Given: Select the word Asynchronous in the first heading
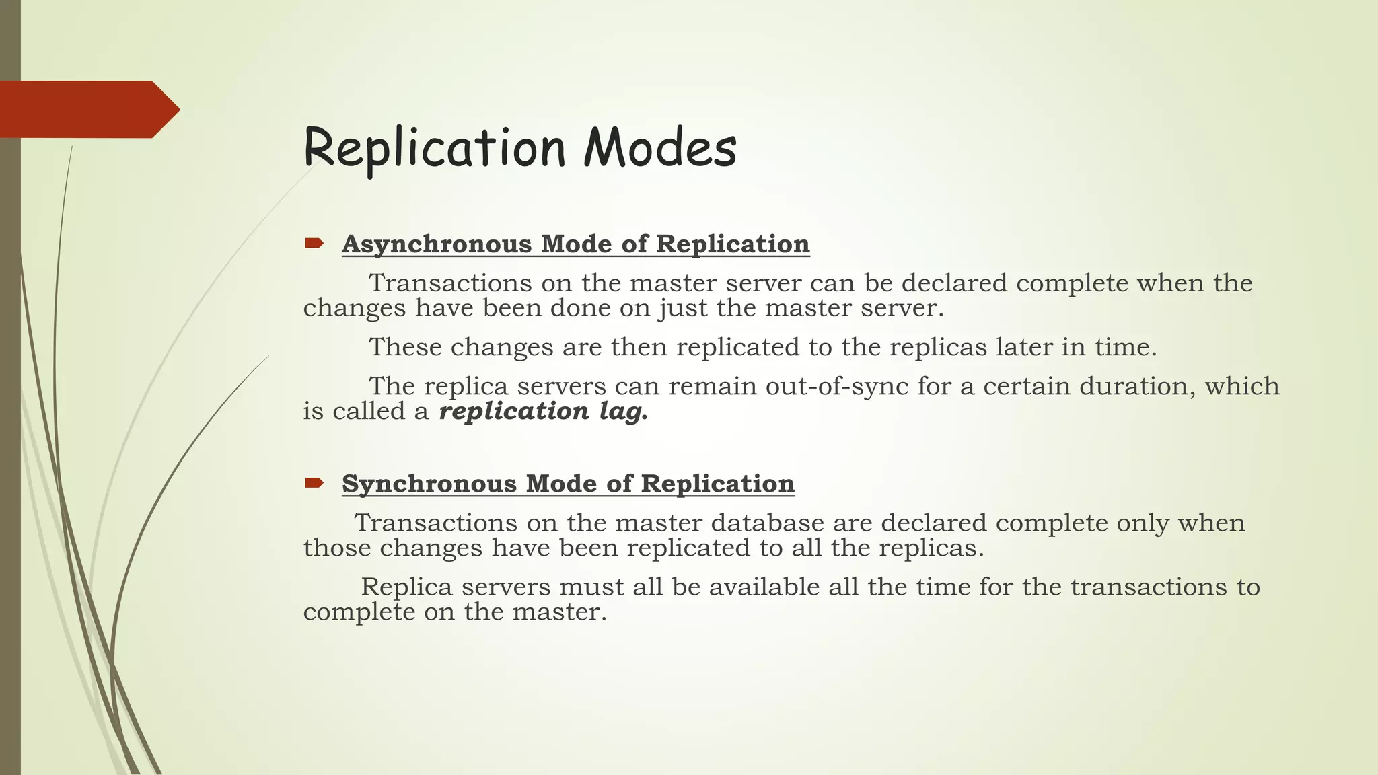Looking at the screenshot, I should point(437,244).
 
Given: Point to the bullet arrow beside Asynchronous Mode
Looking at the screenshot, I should point(314,243).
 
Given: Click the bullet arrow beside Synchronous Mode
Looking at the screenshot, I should point(314,482).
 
